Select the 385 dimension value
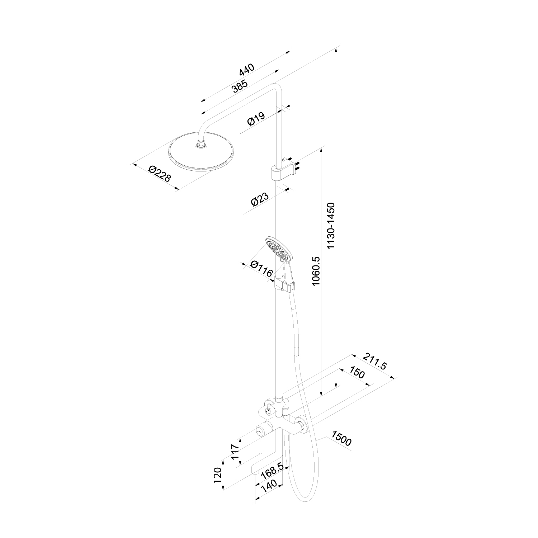(x=240, y=86)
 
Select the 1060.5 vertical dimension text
(x=316, y=271)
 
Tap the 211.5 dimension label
(x=375, y=361)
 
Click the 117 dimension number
(x=235, y=453)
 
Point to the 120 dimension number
(x=218, y=475)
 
